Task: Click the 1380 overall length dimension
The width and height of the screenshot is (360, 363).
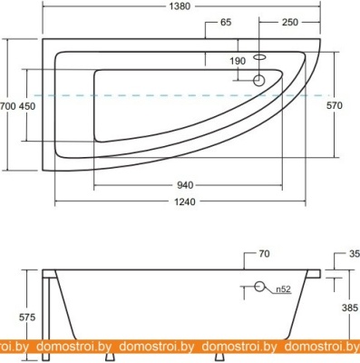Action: (180, 6)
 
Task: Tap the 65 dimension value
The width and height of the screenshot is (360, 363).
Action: (226, 22)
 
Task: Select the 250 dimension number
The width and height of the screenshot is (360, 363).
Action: (289, 22)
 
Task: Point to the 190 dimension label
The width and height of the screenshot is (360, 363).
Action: (238, 61)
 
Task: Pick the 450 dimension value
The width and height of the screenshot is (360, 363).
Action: (27, 106)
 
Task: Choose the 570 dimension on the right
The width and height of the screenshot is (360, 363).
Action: (335, 105)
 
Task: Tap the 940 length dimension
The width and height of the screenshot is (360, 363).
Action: (185, 185)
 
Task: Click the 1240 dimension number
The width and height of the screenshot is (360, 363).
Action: (185, 201)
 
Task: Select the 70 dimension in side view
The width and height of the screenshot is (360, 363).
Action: (264, 253)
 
